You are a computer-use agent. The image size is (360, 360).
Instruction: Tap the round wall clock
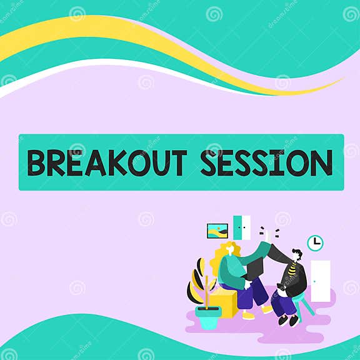pos(315,242)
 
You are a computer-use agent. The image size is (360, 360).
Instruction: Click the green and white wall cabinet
pos(241,227)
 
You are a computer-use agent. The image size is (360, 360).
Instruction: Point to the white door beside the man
pos(320,281)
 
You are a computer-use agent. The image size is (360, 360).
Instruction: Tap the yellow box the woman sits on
pos(226,303)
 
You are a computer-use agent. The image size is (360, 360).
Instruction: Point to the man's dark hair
pos(297,253)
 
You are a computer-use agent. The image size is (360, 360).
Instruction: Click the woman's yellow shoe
pos(248,316)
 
